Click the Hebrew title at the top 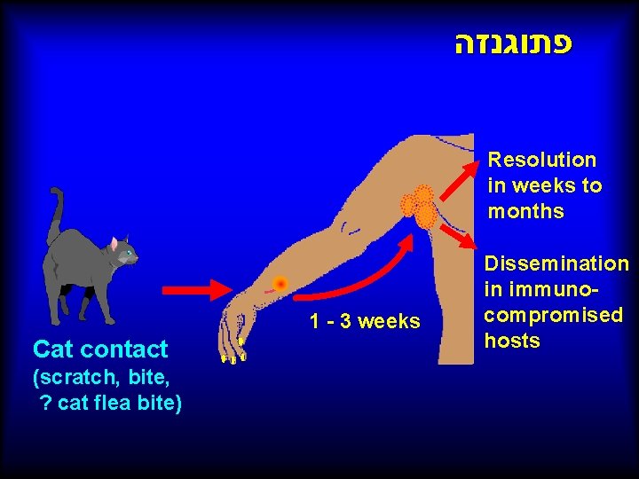[x=512, y=45]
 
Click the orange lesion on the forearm [x=280, y=284]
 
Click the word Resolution [x=541, y=160]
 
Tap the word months [x=525, y=211]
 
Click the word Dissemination [x=556, y=263]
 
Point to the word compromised [x=554, y=315]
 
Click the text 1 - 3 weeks [x=365, y=321]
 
